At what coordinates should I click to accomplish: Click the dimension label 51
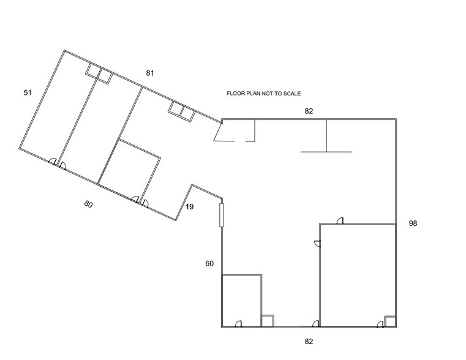(27, 92)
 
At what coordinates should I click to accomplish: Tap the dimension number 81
(150, 73)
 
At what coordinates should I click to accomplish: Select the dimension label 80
(88, 204)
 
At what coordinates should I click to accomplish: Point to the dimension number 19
(189, 207)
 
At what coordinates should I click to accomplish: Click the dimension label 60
(209, 264)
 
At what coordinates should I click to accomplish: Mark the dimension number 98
(413, 224)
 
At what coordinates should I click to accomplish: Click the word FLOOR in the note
(236, 94)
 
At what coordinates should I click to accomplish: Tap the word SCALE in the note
(291, 94)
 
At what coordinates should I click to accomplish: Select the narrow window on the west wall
(222, 214)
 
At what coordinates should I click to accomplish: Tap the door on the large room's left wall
(317, 244)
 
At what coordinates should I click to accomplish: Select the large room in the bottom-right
(358, 272)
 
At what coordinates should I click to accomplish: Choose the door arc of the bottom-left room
(240, 324)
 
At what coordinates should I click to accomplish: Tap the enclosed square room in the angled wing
(130, 170)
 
